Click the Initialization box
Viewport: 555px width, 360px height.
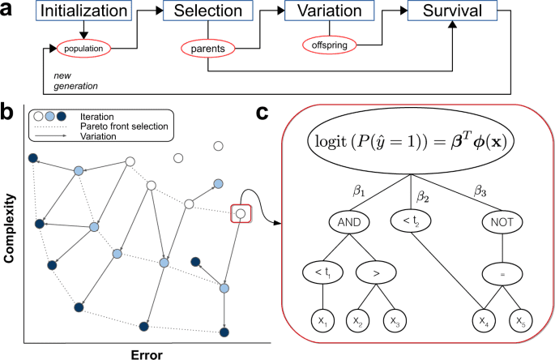[72, 12]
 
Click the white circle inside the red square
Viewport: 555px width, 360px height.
[241, 213]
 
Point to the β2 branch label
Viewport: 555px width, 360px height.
[421, 196]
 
